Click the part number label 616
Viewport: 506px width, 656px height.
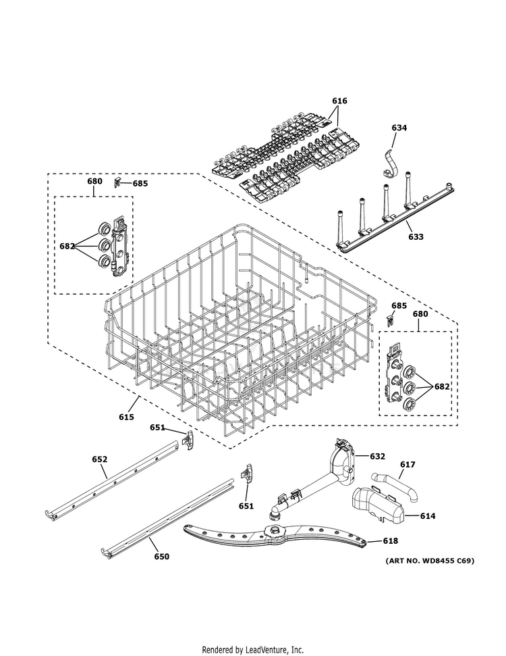(x=339, y=101)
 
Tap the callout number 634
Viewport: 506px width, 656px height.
(x=399, y=128)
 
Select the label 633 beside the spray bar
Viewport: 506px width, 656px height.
(x=416, y=237)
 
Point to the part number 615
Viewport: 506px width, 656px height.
(x=126, y=417)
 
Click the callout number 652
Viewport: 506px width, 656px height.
(x=99, y=459)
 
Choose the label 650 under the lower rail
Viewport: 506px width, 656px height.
(x=161, y=557)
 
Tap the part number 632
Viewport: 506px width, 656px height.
(x=376, y=456)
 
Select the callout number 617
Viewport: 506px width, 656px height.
(x=407, y=464)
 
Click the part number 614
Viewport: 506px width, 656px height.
(x=427, y=516)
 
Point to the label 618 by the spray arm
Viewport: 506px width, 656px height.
(x=390, y=541)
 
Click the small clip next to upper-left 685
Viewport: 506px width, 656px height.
(x=117, y=182)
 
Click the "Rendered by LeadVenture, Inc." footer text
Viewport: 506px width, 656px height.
(x=253, y=649)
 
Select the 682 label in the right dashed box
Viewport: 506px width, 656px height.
(x=441, y=386)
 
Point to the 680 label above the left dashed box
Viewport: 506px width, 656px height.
(x=94, y=181)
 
